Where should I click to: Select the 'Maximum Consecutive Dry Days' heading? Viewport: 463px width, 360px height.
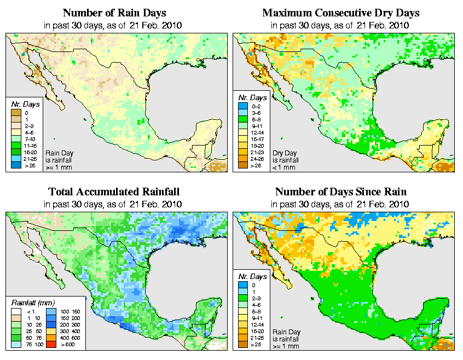pyautogui.click(x=341, y=13)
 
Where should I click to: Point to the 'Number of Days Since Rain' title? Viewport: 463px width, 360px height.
pyautogui.click(x=340, y=192)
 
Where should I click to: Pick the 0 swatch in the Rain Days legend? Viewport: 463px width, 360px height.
pyautogui.click(x=15, y=113)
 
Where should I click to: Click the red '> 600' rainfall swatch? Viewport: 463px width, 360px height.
pyautogui.click(x=50, y=344)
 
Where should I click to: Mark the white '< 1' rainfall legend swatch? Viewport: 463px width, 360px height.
pyautogui.click(x=15, y=311)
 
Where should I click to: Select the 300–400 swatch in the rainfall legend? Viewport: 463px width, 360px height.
pyautogui.click(x=50, y=331)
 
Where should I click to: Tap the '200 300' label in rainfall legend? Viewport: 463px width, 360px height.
pyautogui.click(x=68, y=324)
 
